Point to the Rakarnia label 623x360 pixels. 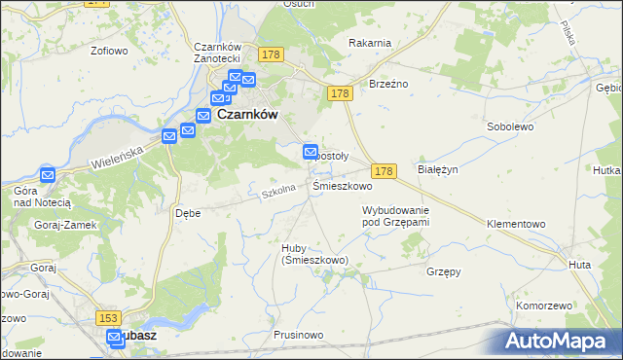pos(370,42)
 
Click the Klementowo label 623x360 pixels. pos(516,223)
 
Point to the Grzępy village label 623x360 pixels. pos(443,272)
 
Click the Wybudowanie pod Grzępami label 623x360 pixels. pos(396,216)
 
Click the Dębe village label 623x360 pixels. pos(187,212)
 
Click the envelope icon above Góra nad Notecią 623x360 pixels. pos(47,175)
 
